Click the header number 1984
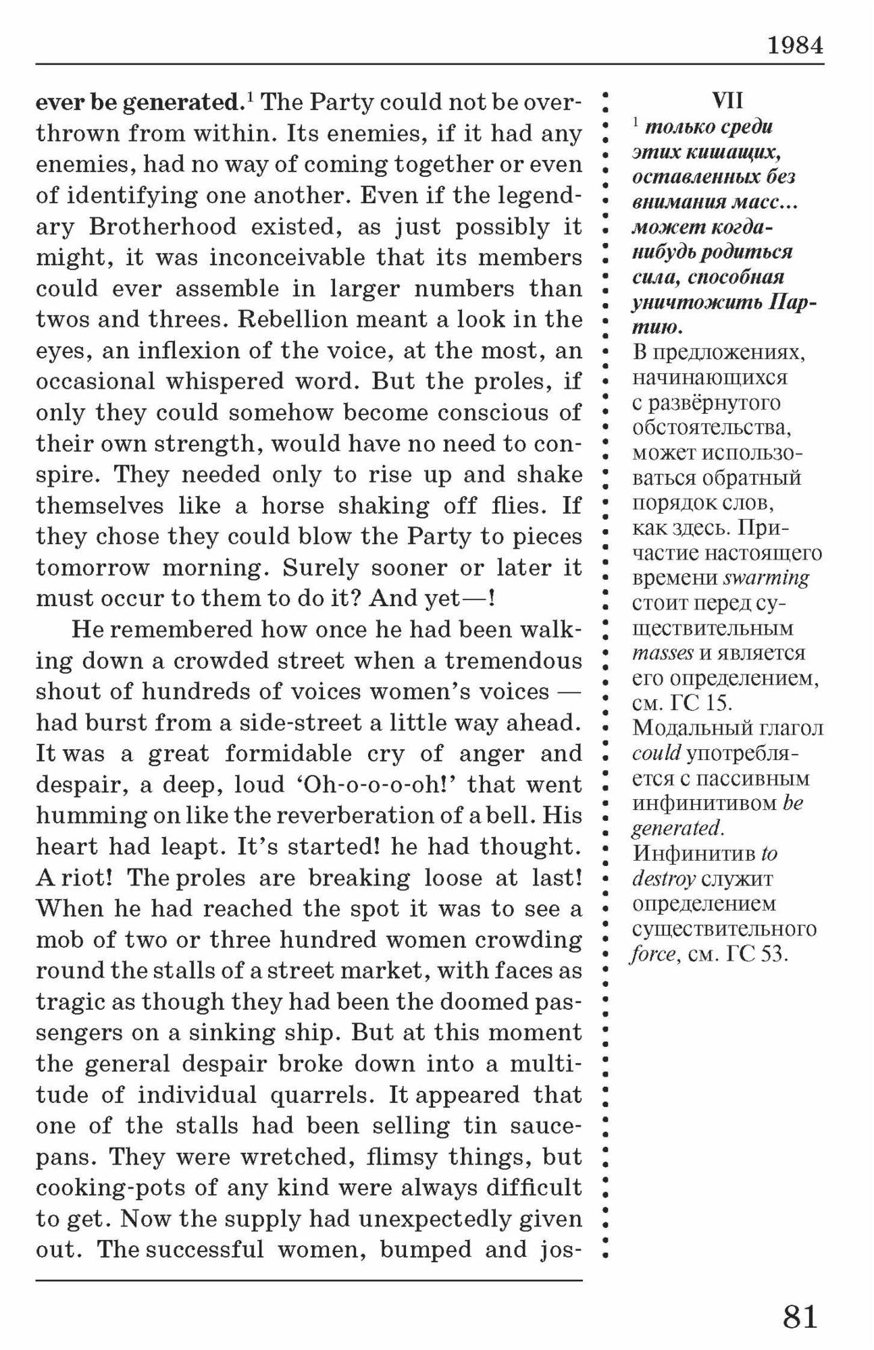[795, 46]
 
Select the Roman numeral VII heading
[727, 101]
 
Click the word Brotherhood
[163, 226]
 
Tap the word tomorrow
[92, 568]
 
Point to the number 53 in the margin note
[773, 954]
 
